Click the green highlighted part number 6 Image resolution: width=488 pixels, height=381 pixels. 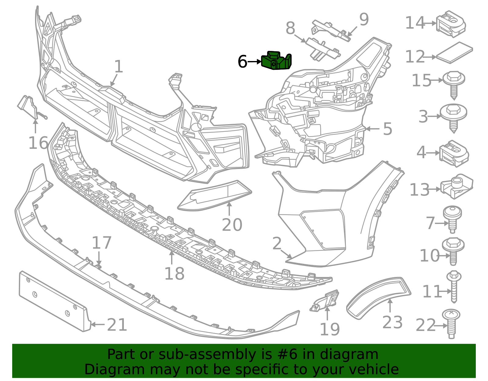[276, 61]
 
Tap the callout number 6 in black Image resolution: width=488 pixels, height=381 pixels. [242, 62]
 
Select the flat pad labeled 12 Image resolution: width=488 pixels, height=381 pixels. [454, 53]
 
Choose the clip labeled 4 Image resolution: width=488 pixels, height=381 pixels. [454, 153]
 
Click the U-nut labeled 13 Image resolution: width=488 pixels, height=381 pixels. [456, 186]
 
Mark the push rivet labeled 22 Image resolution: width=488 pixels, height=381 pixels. [451, 324]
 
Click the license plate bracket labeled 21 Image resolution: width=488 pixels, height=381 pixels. [55, 301]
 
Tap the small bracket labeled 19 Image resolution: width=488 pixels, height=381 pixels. [325, 301]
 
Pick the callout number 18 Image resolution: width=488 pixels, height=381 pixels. [174, 274]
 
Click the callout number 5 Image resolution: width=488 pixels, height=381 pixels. [387, 129]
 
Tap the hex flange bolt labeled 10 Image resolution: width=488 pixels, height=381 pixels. [453, 251]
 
